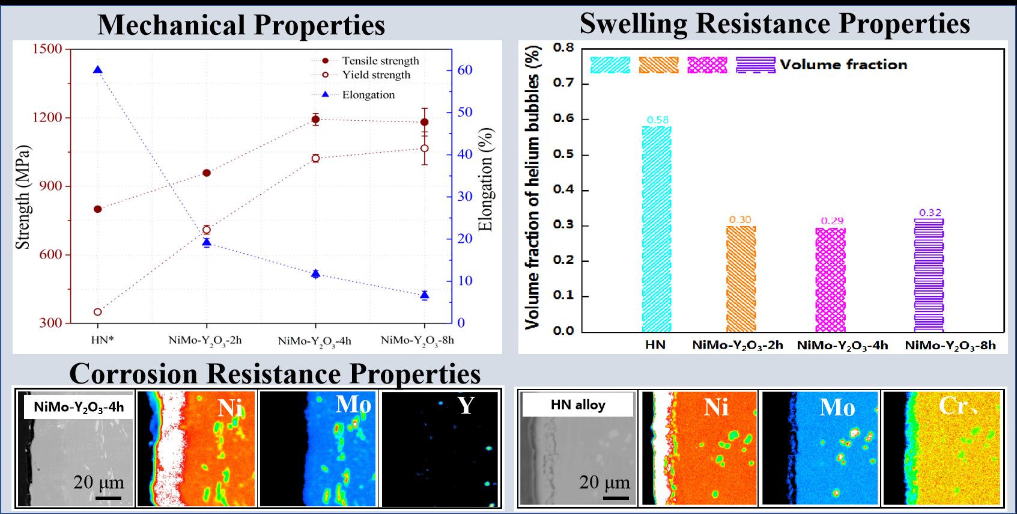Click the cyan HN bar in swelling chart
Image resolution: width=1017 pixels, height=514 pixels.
pos(657,228)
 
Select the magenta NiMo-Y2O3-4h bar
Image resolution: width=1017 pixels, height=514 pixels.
pos(830,280)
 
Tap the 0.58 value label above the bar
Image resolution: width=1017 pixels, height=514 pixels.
pos(657,120)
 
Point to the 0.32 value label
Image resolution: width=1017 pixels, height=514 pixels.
pos(930,213)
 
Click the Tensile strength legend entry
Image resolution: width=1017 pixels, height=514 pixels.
pos(380,61)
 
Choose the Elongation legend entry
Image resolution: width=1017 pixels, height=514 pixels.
pos(368,95)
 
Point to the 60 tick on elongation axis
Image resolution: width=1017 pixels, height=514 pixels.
pos(465,70)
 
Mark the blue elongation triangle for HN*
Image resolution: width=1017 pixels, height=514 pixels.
pos(98,70)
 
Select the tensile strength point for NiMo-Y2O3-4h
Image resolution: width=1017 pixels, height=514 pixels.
pos(315,119)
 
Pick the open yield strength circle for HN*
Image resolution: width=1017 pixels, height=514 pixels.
pos(98,312)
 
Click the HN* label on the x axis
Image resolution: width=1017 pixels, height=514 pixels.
pos(102,340)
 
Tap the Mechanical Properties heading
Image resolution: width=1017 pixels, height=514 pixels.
pos(241,25)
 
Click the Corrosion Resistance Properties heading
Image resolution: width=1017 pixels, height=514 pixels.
pos(275,373)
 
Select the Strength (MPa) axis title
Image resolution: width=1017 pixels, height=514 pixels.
pos(23,197)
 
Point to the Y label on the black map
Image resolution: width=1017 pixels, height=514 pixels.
pos(466,405)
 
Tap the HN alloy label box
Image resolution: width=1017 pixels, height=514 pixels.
pos(577,405)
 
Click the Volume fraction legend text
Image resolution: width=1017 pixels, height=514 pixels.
pos(843,64)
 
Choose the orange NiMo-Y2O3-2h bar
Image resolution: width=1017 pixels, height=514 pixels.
pos(741,278)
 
